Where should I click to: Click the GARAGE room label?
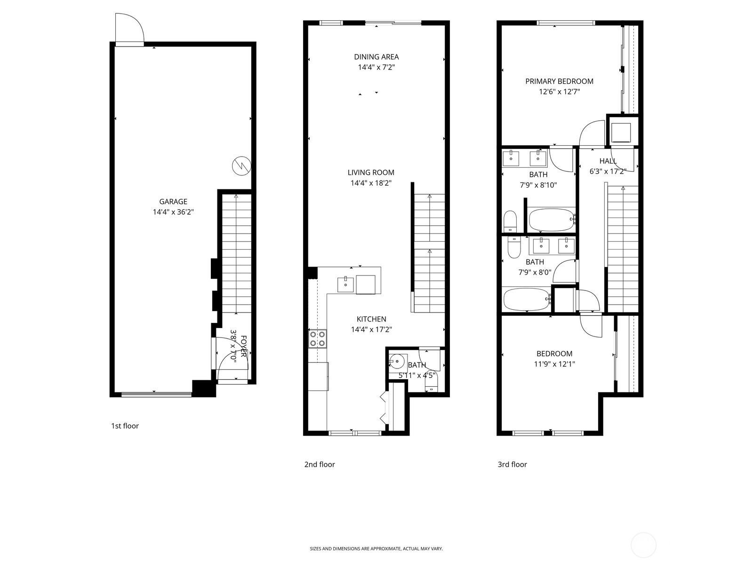pos(173,202)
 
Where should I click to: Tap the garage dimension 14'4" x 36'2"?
pos(173,212)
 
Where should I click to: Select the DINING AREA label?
pos(376,57)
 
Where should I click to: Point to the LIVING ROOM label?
pos(371,172)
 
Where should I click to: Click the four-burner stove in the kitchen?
pos(318,339)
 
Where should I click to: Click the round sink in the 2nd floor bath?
pos(396,362)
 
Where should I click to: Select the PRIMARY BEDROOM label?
pos(559,81)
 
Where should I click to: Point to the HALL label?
pos(608,161)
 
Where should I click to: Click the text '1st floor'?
pos(125,426)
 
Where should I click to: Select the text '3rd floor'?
pos(512,464)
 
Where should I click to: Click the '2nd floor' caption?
pos(320,464)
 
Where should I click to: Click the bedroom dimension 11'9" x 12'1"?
pos(554,364)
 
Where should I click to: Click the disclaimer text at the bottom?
pos(376,548)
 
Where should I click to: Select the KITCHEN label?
pos(371,319)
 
